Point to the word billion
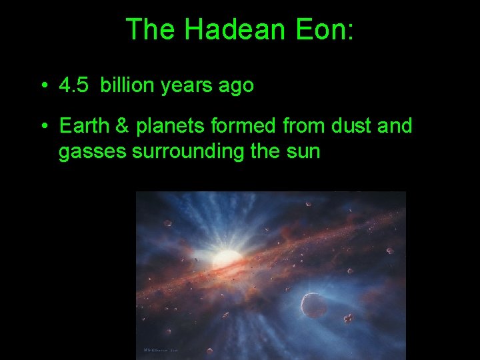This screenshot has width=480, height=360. pos(127,86)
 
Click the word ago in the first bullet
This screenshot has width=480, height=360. pos(236,86)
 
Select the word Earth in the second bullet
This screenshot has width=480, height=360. pos(81,125)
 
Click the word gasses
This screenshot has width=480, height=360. pos(93,152)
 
